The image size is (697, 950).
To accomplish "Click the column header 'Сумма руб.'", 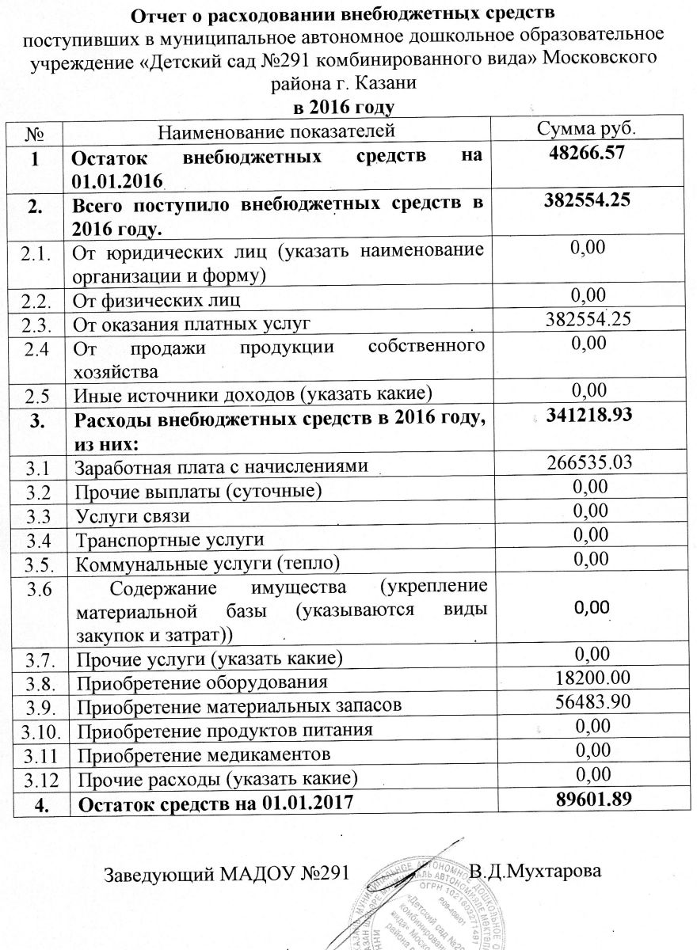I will click(587, 129).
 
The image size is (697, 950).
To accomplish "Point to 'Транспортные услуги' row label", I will click(168, 541).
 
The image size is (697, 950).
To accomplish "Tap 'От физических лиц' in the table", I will click(156, 300).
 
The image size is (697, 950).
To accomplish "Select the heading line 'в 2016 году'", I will click(344, 106).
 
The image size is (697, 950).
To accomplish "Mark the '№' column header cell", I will click(34, 130).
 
